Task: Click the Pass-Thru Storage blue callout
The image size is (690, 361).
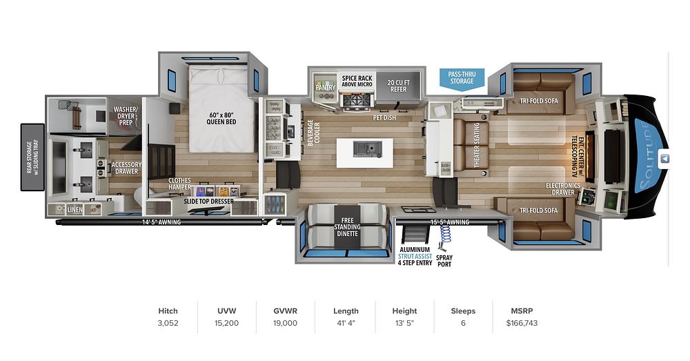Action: click(462, 79)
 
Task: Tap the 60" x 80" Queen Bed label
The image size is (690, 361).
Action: click(221, 119)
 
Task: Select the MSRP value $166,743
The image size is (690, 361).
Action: click(522, 323)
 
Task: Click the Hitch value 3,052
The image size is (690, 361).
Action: click(168, 323)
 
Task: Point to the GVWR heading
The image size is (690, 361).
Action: click(285, 311)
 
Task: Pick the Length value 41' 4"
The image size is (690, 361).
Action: click(346, 323)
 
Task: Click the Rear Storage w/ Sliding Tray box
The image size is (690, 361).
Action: click(32, 157)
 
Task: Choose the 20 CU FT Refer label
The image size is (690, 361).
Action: click(398, 86)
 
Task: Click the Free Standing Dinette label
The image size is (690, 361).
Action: click(347, 227)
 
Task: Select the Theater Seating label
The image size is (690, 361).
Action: click(476, 145)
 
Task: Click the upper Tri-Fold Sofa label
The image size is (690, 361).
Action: click(539, 101)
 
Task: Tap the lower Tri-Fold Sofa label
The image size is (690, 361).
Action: click(539, 211)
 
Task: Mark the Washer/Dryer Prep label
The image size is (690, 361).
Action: click(126, 116)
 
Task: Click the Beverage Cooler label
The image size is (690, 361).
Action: click(314, 133)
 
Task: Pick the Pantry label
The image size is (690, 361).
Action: click(325, 87)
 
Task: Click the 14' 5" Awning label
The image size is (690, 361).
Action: click(161, 222)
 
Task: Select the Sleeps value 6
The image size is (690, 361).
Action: click(463, 323)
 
